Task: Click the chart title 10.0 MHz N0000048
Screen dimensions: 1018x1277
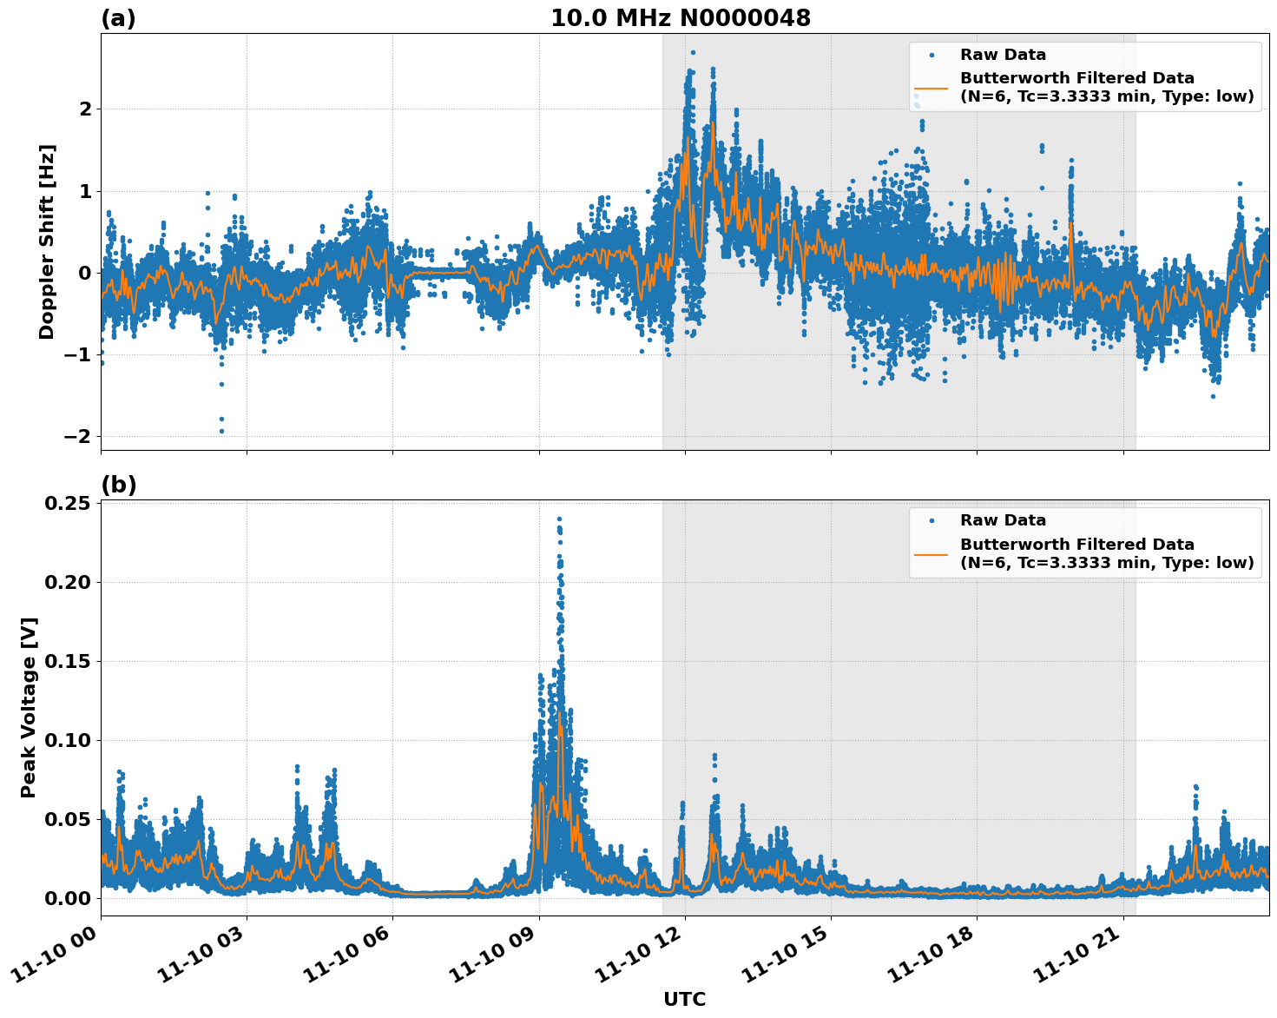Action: [x=681, y=18]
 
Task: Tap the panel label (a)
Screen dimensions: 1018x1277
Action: [x=118, y=18]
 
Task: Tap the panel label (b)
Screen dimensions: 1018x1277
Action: [x=118, y=485]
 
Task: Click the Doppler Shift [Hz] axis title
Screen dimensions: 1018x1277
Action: [x=47, y=241]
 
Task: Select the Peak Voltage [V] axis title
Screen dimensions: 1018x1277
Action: [x=29, y=707]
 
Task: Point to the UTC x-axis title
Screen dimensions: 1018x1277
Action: [x=684, y=999]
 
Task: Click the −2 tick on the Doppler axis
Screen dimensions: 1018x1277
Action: [x=76, y=436]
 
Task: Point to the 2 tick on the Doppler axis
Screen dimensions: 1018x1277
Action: [x=85, y=109]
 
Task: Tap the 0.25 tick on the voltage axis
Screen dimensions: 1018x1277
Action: [x=69, y=504]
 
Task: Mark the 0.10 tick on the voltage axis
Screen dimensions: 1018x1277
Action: [x=69, y=740]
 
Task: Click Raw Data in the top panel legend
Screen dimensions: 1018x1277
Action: [x=1003, y=55]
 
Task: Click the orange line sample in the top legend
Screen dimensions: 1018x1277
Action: [x=931, y=87]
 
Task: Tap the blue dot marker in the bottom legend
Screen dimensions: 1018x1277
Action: [x=931, y=520]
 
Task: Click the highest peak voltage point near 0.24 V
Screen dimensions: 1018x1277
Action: [x=559, y=519]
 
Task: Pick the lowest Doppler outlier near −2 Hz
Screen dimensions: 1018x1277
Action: [x=221, y=431]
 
